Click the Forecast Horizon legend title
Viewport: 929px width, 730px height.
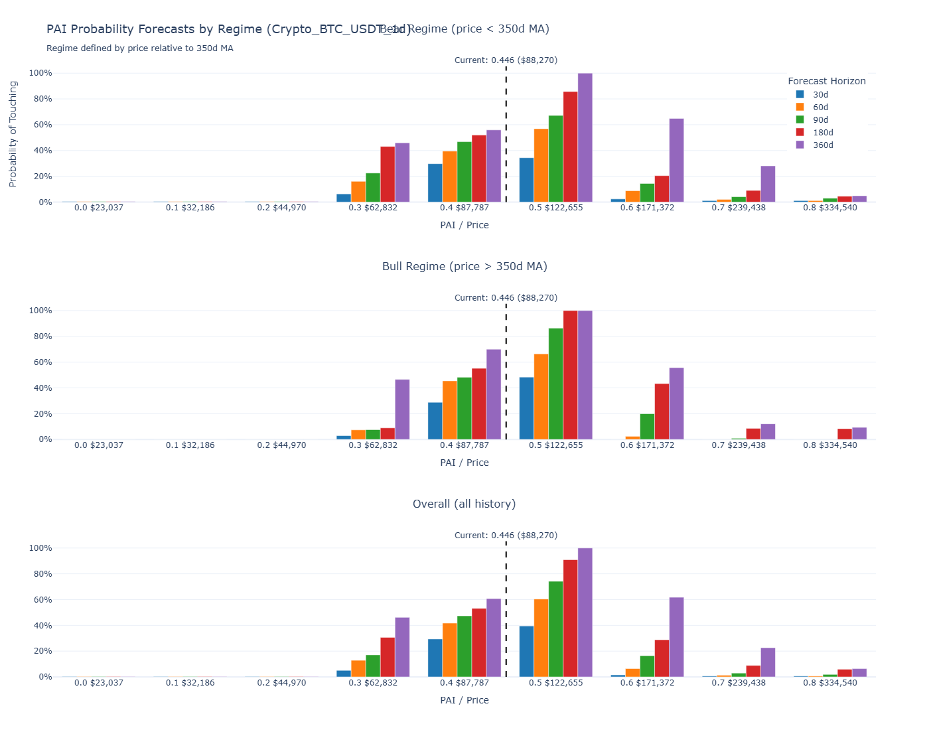click(x=826, y=81)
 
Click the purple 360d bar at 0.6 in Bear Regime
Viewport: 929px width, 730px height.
click(x=676, y=161)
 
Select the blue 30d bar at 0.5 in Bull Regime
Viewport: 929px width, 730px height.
click(x=526, y=408)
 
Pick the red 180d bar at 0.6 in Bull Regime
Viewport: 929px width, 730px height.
click(x=662, y=411)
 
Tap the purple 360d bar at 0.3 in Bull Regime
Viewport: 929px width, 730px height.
click(x=402, y=409)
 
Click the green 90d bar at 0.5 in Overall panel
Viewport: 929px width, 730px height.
click(x=555, y=629)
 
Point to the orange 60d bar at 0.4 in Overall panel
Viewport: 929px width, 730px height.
click(x=450, y=650)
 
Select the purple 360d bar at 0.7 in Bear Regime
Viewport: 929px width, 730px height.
click(x=768, y=184)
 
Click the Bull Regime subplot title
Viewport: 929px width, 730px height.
click(x=464, y=267)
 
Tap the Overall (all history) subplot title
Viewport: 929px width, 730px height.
click(x=464, y=504)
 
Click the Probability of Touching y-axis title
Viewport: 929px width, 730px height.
click(x=13, y=134)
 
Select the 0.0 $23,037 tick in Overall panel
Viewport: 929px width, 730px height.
click(x=99, y=683)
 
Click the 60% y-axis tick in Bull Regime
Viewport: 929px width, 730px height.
click(x=40, y=362)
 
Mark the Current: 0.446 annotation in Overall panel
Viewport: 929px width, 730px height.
click(x=506, y=536)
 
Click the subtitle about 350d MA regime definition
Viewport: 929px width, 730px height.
click(x=140, y=48)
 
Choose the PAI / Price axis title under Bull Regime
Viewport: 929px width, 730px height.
click(x=464, y=463)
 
